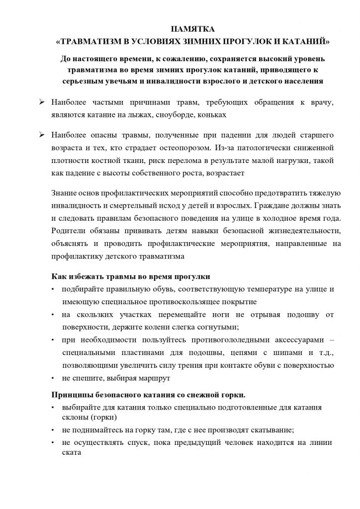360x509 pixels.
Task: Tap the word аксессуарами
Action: (x=284, y=339)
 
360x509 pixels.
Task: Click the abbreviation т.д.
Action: (x=323, y=352)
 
